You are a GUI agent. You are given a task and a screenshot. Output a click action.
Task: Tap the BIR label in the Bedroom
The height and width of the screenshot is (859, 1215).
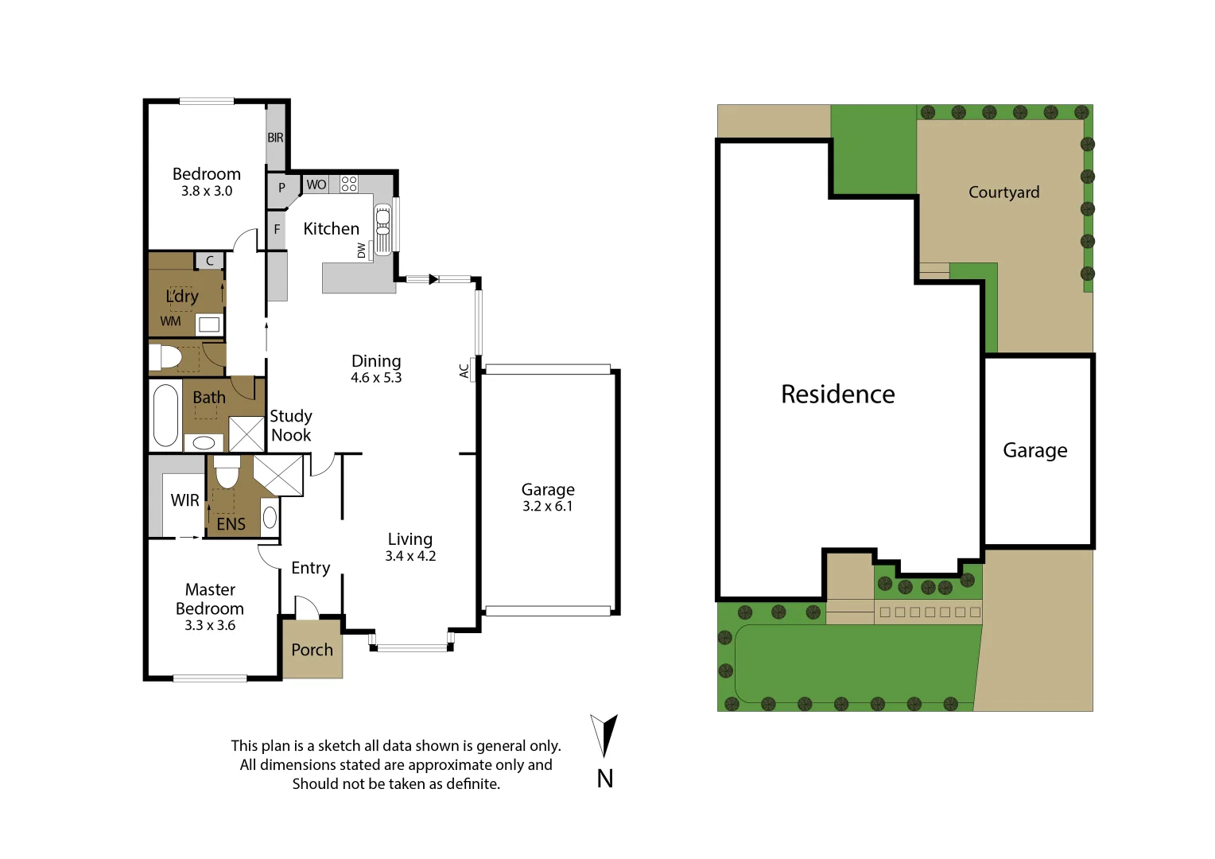coord(275,138)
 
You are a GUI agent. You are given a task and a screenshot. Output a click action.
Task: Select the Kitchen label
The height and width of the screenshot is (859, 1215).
coord(331,229)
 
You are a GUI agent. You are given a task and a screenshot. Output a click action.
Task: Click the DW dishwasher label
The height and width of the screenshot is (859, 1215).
coord(362,250)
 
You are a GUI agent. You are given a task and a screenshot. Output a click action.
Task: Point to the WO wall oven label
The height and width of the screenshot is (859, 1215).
coord(316,185)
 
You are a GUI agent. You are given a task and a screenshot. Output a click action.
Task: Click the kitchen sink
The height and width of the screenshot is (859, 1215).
coord(382,228)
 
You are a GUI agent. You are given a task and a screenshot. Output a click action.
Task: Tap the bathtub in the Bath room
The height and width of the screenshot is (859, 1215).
coord(165,415)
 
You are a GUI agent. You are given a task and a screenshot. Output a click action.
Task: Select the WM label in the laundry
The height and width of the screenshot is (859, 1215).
coord(170,321)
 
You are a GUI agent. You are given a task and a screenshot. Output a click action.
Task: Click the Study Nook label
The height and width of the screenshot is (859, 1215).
coord(291,426)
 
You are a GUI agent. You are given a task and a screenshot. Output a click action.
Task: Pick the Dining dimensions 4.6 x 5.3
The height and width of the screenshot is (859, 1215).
coord(376,378)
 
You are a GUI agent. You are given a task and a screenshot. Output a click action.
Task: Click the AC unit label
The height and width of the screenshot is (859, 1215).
coord(464,371)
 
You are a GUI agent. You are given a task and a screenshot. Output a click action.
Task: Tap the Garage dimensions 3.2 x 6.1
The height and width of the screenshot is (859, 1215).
coord(547,507)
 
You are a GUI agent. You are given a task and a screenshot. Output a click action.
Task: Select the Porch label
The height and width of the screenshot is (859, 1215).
coord(312,650)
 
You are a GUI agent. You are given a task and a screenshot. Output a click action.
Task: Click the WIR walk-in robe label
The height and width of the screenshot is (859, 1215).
coord(184,500)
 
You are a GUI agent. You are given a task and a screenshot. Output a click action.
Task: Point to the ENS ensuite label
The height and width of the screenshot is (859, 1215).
coord(231,524)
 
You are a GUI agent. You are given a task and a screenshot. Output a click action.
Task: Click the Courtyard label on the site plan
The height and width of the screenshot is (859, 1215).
coord(1003,192)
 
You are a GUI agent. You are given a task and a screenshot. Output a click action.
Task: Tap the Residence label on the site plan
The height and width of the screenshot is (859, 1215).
coord(837,395)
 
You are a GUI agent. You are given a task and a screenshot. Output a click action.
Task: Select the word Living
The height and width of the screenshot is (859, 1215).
coord(410,539)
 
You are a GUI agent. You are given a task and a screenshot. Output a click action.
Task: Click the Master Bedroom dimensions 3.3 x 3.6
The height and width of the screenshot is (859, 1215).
coord(210,626)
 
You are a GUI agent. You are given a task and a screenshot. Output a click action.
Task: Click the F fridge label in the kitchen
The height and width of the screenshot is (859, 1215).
coord(277,229)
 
